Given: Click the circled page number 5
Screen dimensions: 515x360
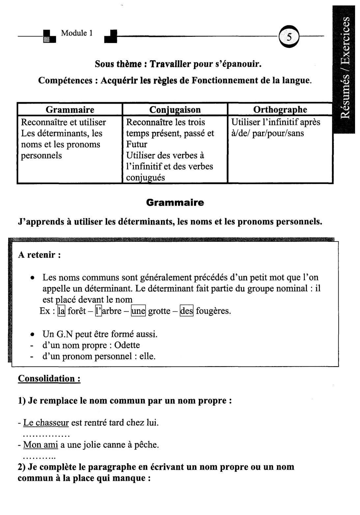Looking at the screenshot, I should pos(289,37).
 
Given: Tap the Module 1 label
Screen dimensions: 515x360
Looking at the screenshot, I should pos(77,33).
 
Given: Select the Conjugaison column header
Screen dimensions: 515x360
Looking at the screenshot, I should pos(175,110).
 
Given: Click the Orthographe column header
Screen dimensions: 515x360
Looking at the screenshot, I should pos(280,110).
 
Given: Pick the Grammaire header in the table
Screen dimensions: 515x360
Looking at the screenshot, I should pos(70,110).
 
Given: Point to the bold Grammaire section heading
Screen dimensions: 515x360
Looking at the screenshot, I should pos(175,202).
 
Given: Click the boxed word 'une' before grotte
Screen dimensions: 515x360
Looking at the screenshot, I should pos(138,311).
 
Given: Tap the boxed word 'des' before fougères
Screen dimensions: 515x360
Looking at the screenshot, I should pos(186,311).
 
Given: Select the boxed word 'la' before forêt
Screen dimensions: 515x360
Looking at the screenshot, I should pos(61,311).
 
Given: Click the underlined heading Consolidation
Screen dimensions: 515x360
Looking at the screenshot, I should pos(49,378).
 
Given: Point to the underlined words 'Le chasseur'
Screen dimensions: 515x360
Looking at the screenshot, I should pos(46,423).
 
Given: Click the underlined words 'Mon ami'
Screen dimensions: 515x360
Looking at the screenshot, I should pos(41,445).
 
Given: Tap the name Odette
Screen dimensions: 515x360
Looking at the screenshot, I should pos(127,345).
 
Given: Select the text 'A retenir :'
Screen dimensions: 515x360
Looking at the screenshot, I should pos(39,255).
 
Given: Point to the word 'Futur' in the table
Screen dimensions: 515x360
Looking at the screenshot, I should pos(137,144).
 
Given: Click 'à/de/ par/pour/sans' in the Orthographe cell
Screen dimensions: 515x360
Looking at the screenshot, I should pos(267,133).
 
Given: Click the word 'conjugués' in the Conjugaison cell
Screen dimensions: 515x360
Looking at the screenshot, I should pos(145,178).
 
